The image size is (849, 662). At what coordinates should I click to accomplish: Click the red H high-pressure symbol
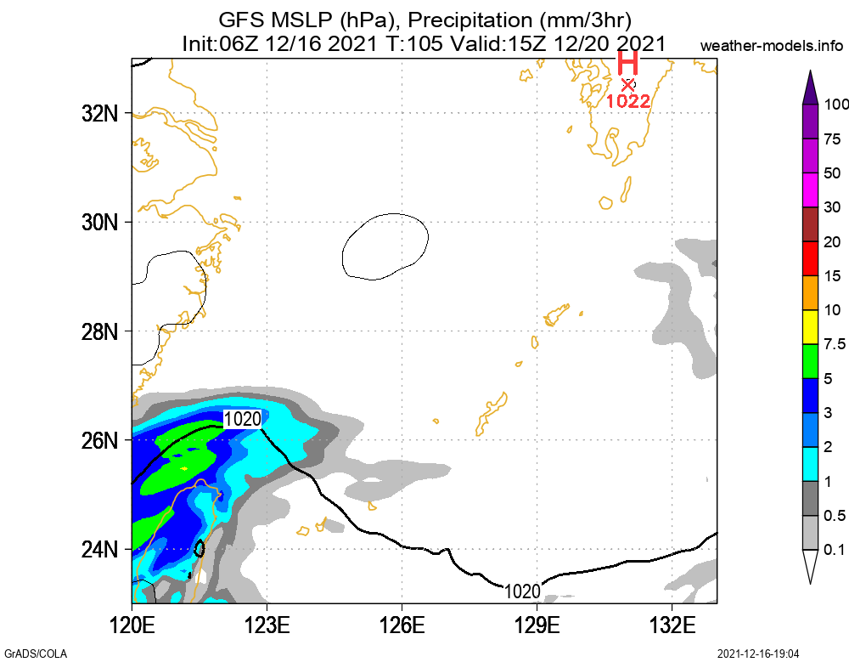click(627, 64)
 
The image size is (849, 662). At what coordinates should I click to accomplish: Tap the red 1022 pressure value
click(627, 101)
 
